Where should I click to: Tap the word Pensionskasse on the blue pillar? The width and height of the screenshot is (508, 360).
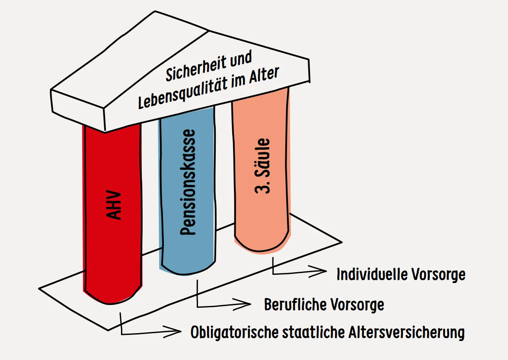tap(188, 182)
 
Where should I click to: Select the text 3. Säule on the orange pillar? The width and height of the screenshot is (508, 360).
tap(262, 166)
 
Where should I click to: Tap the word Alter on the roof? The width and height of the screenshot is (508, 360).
tap(264, 76)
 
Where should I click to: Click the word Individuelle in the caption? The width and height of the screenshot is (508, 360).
tap(372, 274)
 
